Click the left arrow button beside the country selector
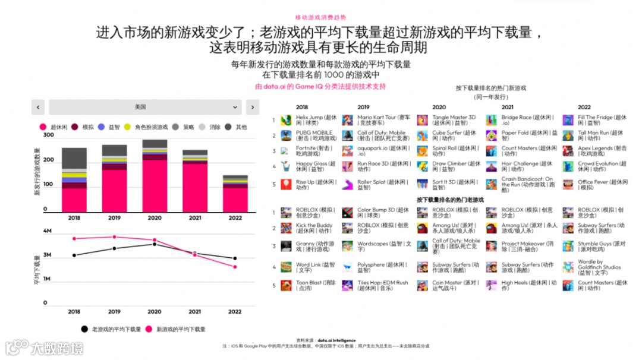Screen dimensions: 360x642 coord(38,107)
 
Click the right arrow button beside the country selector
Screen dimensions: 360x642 coord(252,107)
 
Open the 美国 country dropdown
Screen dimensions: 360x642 coord(145,107)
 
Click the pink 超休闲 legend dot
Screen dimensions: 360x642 coord(43,127)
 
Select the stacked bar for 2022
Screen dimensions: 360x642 coord(235,194)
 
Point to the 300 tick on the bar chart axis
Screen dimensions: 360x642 coord(49,135)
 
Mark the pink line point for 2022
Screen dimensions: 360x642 coord(235,267)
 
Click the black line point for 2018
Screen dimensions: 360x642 coord(74,255)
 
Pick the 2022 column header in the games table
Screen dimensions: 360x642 coord(584,108)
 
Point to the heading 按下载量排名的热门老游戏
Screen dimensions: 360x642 coord(450,200)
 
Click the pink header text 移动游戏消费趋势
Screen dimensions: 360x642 coord(320,18)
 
